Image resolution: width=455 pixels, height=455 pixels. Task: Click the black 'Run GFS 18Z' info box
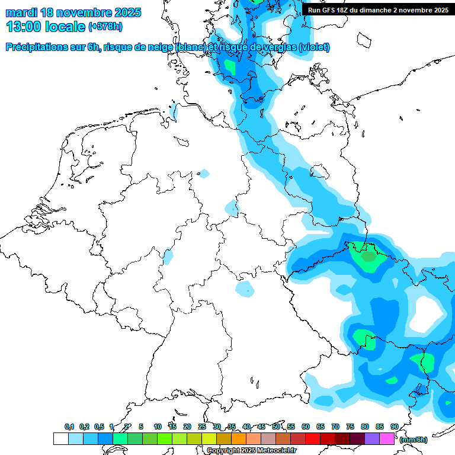point(376,9)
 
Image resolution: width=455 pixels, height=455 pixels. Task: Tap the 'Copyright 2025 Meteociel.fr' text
point(251,451)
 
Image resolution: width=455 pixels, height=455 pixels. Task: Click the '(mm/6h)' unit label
point(414,439)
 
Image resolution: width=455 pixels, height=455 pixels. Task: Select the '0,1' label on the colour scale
point(69,427)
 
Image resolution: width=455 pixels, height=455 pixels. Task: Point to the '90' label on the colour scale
point(395,427)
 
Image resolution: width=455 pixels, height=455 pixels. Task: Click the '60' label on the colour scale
point(306,427)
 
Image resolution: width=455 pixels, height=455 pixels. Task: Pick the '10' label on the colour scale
point(158,427)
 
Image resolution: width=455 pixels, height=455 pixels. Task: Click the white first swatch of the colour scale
point(60,438)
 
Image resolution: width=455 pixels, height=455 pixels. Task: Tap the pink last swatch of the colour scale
point(387,438)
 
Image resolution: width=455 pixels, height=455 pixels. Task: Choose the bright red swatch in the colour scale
point(313,438)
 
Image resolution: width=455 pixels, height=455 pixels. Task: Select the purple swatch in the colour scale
point(372,438)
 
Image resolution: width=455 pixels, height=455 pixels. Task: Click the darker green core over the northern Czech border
point(369,257)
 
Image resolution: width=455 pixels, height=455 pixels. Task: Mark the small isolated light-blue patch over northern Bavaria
point(244,289)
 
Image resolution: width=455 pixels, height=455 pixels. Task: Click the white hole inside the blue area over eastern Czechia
point(425,311)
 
